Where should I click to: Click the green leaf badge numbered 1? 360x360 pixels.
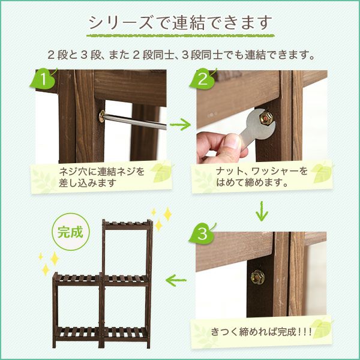click(43, 79)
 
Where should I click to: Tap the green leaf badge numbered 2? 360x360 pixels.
click(202, 79)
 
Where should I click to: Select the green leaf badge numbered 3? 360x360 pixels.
click(202, 234)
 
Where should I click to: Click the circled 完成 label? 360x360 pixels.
click(70, 232)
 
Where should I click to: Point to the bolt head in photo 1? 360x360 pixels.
click(101, 116)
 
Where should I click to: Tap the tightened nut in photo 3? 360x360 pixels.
click(257, 277)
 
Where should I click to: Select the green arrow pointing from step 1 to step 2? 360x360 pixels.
click(180, 125)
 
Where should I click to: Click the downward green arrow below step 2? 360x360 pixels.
click(262, 211)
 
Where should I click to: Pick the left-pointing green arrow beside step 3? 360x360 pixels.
click(176, 280)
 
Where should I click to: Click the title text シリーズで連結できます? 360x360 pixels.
click(180, 23)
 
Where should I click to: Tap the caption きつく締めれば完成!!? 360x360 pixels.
click(261, 332)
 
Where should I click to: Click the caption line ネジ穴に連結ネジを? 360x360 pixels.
click(102, 171)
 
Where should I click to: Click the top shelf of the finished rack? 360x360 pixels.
click(127, 224)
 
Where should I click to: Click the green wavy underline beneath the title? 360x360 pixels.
click(180, 36)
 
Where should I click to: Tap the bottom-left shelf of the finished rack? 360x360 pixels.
click(77, 334)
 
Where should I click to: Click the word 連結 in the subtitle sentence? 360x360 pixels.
click(254, 55)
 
